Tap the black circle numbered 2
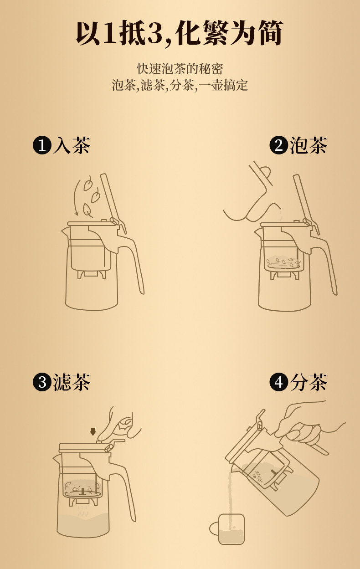[x=279, y=145]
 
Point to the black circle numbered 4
[x=279, y=382]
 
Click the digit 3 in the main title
[x=155, y=33]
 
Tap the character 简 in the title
[x=271, y=33]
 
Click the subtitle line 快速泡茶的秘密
[x=180, y=69]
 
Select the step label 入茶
[x=72, y=145]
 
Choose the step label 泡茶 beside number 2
[x=309, y=145]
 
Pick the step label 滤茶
[x=72, y=382]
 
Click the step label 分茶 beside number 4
[x=309, y=382]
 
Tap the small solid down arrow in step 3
[x=93, y=431]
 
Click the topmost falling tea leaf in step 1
[x=88, y=183]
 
